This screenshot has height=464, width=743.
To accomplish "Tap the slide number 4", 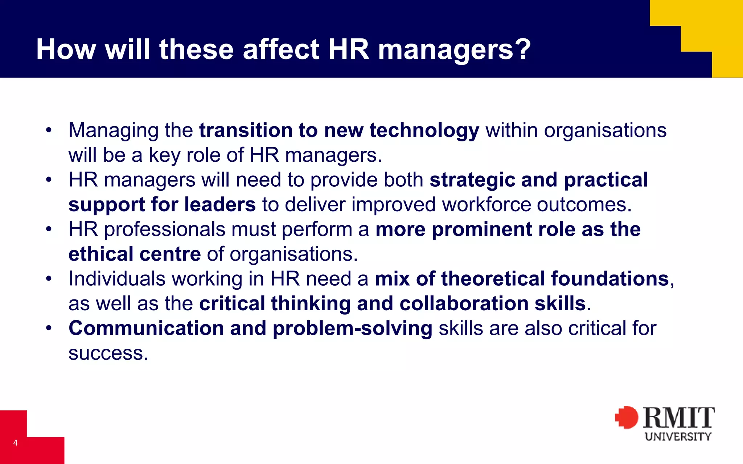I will point(15,443).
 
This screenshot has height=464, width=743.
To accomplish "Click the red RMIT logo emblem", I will point(627,417).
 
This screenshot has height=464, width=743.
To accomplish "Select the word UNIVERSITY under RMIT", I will point(678,436).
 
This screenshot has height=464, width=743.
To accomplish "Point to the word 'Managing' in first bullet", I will point(113,130).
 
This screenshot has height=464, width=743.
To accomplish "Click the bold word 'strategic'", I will point(472,180).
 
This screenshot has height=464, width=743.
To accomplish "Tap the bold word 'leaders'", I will point(220,204).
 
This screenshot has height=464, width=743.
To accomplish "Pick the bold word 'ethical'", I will point(100,254).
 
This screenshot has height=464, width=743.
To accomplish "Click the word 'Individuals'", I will point(117,279).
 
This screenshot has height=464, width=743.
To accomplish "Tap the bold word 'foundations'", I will point(609,279).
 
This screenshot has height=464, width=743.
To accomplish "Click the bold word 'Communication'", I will point(146,328).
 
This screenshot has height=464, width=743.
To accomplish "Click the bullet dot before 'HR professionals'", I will point(49,229).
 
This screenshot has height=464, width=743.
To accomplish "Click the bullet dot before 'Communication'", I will point(49,328).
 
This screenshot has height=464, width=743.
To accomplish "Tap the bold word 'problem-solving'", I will point(352,329).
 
